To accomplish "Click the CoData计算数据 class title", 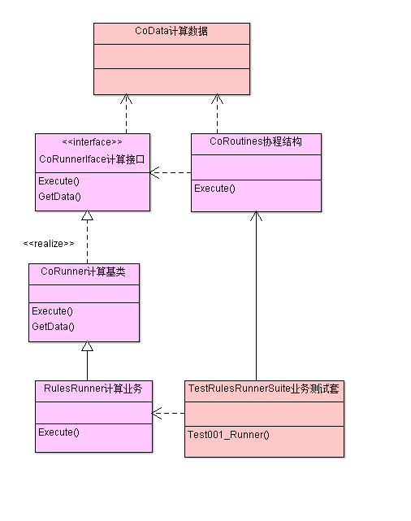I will (x=171, y=32).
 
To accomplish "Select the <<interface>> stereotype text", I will (x=92, y=142).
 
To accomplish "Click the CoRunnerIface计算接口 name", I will (x=92, y=160).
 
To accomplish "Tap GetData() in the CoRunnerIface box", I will (x=59, y=197).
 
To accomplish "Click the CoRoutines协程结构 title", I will (x=256, y=142).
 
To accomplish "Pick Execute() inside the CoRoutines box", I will (x=214, y=189).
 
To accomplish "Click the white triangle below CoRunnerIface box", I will (x=87, y=215).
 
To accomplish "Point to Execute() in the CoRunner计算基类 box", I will (x=52, y=311).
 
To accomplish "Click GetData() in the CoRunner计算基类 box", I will (x=53, y=327).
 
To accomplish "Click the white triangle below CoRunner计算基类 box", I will (x=87, y=346).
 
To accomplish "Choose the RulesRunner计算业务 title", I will (x=93, y=389).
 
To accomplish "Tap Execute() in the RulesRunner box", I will (x=58, y=432).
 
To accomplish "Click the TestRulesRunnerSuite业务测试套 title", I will (x=264, y=389).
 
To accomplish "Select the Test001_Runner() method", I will (x=228, y=435).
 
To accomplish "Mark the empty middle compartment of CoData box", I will (x=171, y=56).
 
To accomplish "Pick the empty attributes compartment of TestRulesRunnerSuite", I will (x=264, y=412).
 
